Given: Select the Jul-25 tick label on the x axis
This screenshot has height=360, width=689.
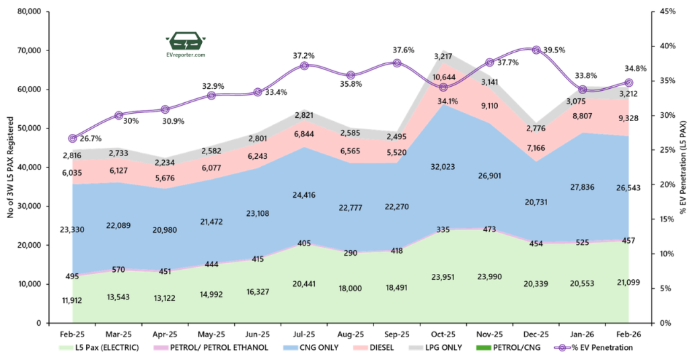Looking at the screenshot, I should point(304,334).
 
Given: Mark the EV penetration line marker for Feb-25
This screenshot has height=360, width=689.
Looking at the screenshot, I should point(73,138).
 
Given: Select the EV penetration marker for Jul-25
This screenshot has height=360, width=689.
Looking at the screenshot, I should point(304,66).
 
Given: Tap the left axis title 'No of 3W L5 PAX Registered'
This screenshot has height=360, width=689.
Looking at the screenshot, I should point(9,166).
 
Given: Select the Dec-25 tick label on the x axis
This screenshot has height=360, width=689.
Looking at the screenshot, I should point(536,334).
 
